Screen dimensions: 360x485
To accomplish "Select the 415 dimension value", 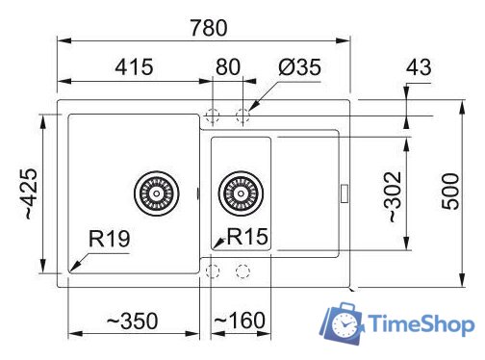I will (134, 68).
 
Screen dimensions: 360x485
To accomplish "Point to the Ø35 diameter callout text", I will (298, 68).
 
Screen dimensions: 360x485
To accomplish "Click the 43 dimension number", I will (420, 68).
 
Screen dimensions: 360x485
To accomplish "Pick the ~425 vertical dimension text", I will (21, 193).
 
